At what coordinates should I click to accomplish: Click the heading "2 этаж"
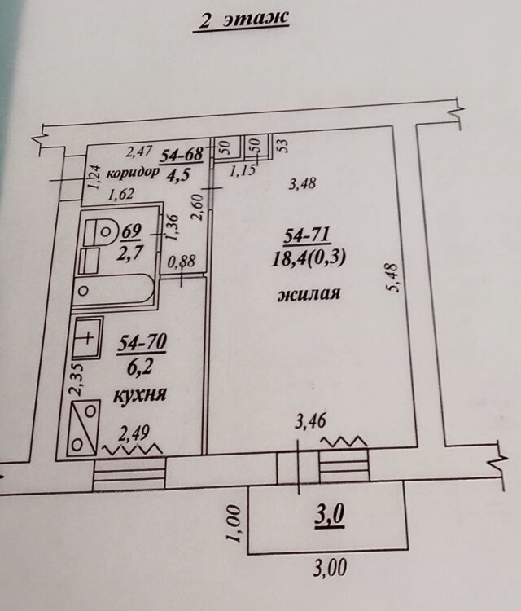[x=241, y=21]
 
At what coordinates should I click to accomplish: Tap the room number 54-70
[x=142, y=345]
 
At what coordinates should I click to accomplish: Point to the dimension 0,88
[x=181, y=262]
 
